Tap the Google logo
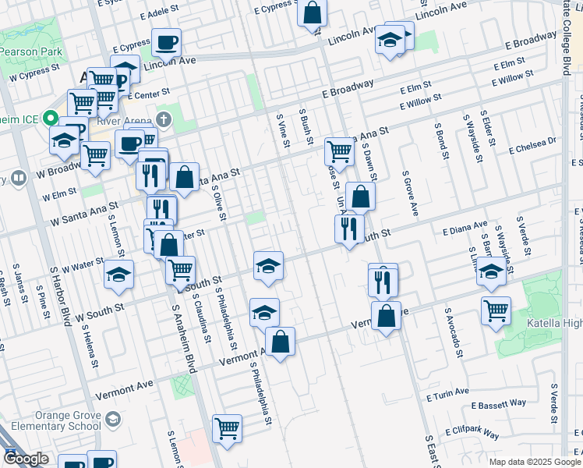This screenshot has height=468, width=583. click(26, 459)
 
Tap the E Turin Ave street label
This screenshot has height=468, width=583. click(447, 395)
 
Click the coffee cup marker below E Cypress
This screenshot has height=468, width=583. click(166, 43)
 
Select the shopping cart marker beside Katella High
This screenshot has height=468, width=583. click(496, 311)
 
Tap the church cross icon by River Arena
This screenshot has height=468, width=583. click(163, 119)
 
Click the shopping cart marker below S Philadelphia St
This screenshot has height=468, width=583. click(227, 428)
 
